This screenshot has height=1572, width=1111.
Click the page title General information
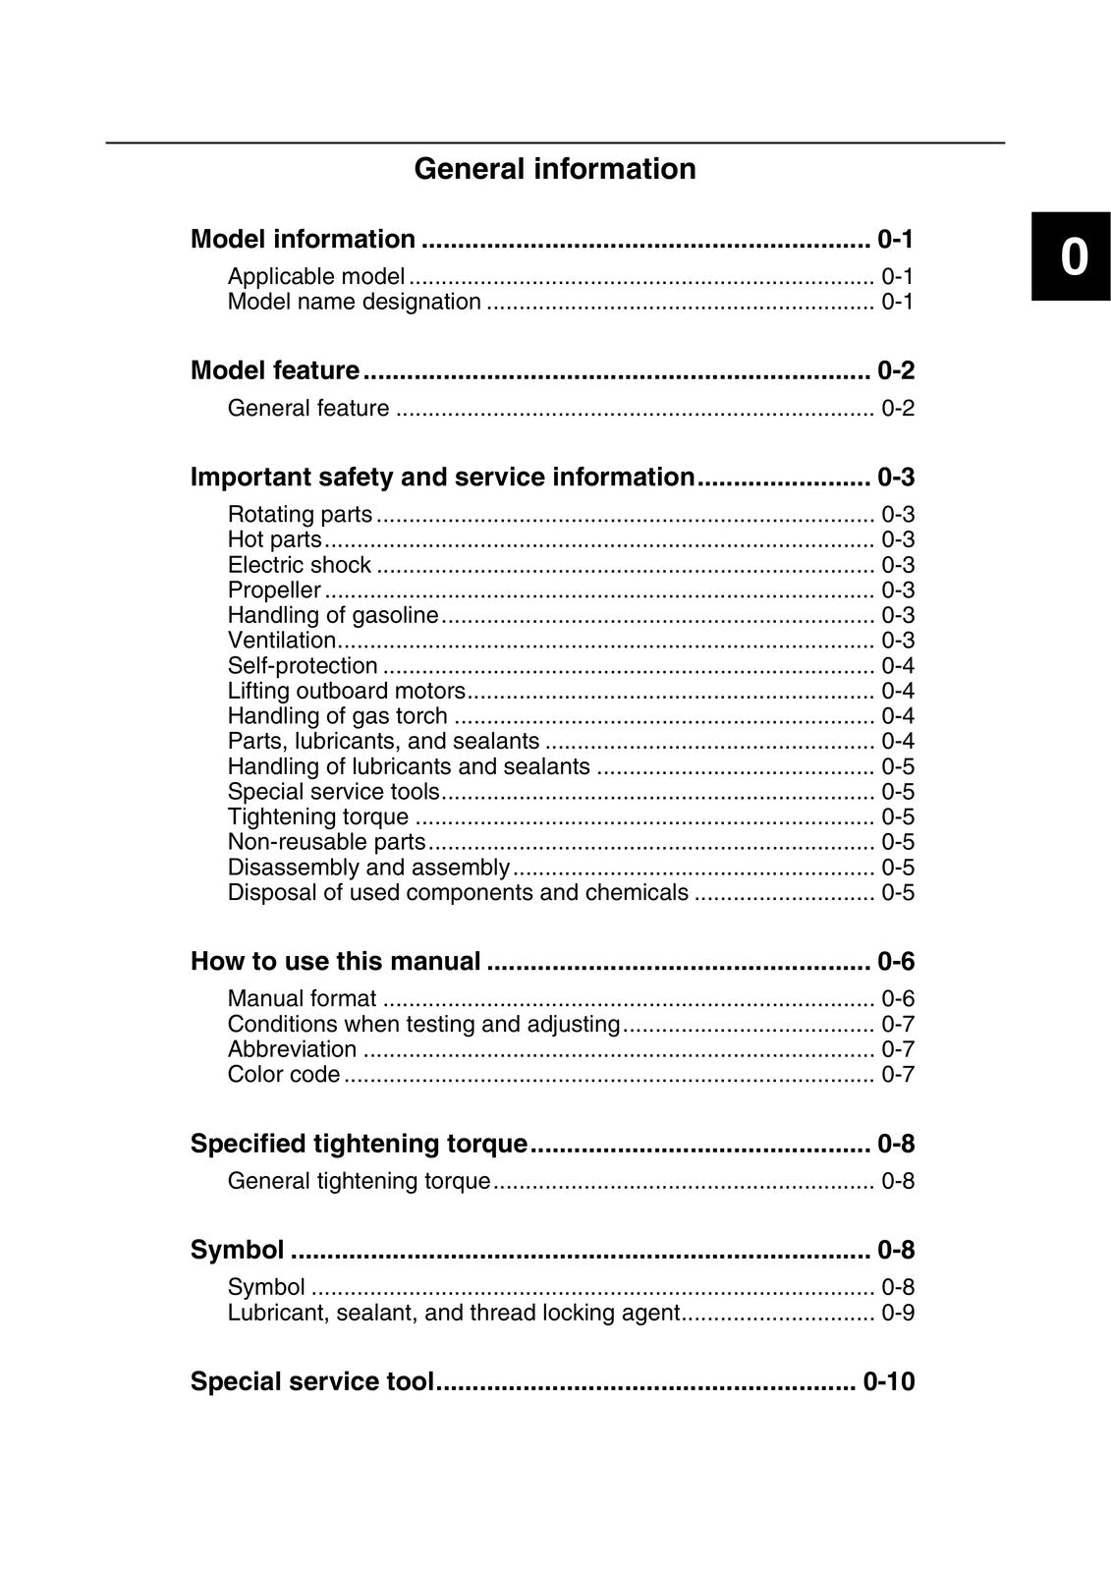pos(555,169)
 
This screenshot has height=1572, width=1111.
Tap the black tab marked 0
pos(1071,257)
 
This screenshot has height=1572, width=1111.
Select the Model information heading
pos(303,239)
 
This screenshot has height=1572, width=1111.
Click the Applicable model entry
pos(315,276)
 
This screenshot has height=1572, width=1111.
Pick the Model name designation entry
pos(354,302)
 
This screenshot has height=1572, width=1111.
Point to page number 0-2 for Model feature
pos(895,370)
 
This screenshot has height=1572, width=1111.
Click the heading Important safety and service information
pos(442,477)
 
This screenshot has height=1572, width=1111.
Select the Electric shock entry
pos(299,565)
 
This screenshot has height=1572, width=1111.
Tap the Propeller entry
pos(274,590)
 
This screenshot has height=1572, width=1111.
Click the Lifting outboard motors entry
pos(346,691)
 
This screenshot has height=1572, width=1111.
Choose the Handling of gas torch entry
pos(337,716)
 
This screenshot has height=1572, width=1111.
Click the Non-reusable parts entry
pos(326,842)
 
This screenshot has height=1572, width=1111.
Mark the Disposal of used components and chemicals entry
pos(458,893)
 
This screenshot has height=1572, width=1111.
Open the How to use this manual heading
pos(335,961)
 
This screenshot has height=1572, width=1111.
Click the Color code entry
pos(283,1075)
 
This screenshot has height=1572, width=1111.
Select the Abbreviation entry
pos(292,1049)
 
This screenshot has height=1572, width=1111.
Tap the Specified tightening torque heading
pos(359,1144)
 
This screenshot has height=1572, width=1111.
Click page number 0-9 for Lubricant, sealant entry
pos(897,1314)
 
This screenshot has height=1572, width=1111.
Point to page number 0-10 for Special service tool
pos(888,1382)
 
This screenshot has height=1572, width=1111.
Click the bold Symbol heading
pos(237,1250)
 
